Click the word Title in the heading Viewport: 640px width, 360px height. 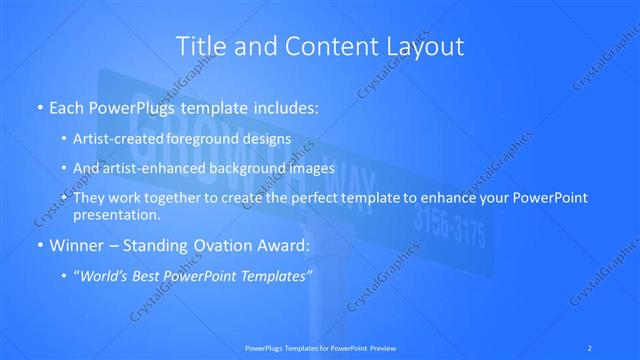[x=198, y=46]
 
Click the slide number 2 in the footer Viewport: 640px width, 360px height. [x=591, y=347]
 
